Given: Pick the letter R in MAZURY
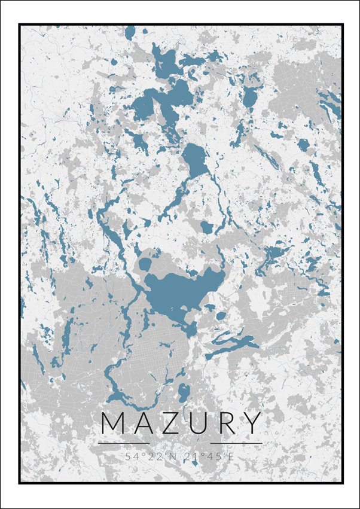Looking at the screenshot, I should coord(224,423).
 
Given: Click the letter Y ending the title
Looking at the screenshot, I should coord(252,423).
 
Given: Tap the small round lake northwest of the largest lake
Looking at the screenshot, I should coord(145,264).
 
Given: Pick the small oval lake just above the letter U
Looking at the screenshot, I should coord(184,392).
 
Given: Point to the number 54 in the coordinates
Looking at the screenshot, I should coord(130,456).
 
